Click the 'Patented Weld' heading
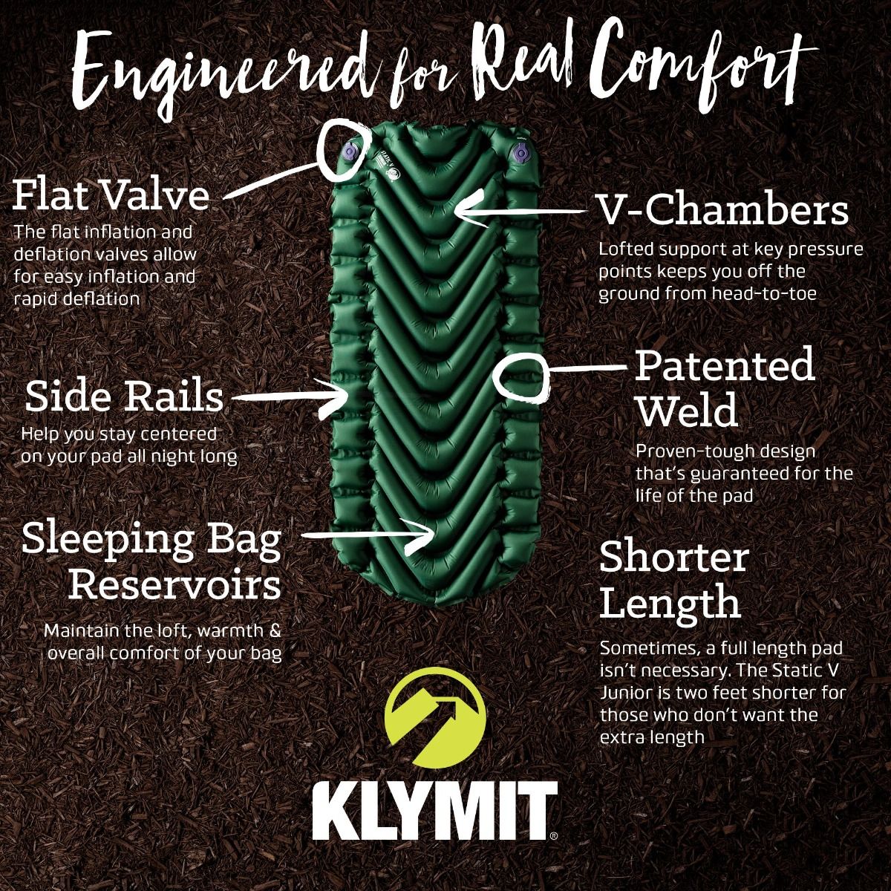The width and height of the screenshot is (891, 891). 724,387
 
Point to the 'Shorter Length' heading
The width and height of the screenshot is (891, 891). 673,579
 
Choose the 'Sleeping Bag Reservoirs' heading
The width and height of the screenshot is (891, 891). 152,561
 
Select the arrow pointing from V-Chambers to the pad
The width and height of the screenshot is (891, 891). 520,212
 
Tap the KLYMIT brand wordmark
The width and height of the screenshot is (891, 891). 435,811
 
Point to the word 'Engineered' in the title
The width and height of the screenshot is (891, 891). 215,71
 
